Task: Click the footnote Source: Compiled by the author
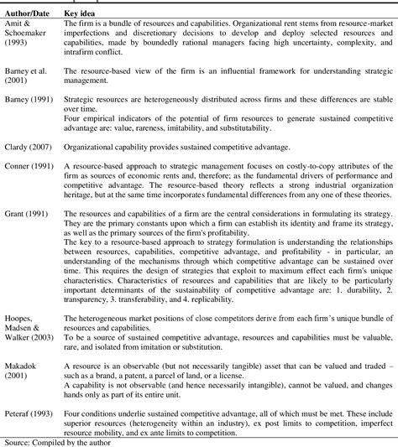tap(55, 442)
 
